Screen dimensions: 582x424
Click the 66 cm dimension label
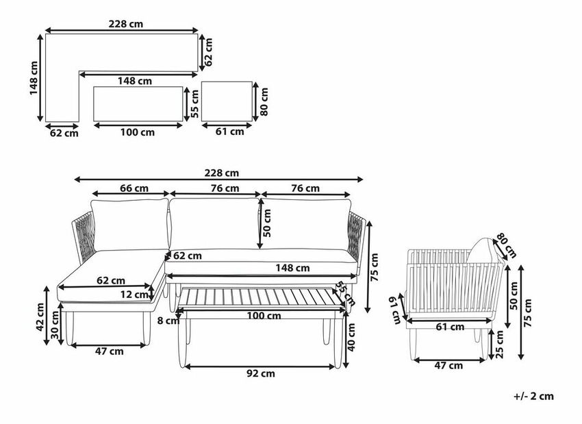pos(134,188)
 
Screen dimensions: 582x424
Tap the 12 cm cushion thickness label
pos(134,295)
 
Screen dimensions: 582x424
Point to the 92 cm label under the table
pos(261,373)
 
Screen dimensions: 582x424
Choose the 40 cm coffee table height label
pos(351,337)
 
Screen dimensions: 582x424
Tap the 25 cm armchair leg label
pos(500,345)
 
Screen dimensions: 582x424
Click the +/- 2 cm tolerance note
pos(533,396)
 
